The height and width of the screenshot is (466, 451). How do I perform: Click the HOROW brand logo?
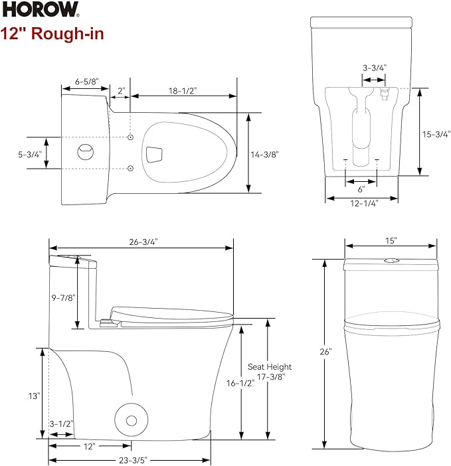pyautogui.click(x=40, y=11)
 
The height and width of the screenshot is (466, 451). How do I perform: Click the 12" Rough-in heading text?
pyautogui.click(x=52, y=33)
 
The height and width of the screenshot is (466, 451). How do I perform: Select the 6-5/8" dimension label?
pyautogui.click(x=86, y=82)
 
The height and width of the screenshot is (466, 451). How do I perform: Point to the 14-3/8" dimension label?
pyautogui.click(x=265, y=154)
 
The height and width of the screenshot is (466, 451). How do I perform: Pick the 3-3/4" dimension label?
pyautogui.click(x=375, y=67)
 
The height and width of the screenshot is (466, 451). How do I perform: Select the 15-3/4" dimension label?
pyautogui.click(x=436, y=133)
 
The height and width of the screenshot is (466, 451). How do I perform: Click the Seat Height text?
pyautogui.click(x=270, y=366)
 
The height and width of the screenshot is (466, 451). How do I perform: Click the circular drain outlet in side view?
pyautogui.click(x=131, y=420)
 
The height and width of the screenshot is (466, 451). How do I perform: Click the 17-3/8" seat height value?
pyautogui.click(x=270, y=376)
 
